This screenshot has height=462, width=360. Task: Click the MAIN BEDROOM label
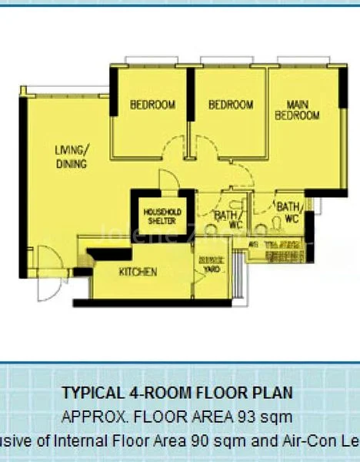point(297,109)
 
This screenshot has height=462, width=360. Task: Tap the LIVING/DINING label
point(72,156)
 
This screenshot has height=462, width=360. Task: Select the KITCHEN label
point(138,272)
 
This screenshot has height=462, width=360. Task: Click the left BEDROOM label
point(152,105)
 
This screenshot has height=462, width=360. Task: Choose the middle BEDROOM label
point(231,105)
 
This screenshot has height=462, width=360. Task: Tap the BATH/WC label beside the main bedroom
point(289,212)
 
